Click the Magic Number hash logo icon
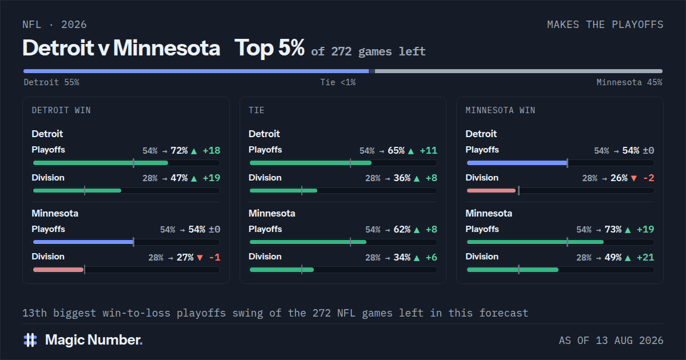point(30,340)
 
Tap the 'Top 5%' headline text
point(269,48)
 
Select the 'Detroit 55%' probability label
point(51,82)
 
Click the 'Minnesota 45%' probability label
point(629,82)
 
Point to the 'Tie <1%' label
point(338,82)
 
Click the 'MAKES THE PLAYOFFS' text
point(605,25)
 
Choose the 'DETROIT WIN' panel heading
point(61,110)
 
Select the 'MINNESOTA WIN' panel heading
point(500,110)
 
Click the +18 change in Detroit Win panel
point(212,151)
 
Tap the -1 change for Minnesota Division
point(215,258)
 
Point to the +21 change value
point(645,258)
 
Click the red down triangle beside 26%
point(634,178)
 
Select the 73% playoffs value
point(613,230)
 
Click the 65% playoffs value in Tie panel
point(396,151)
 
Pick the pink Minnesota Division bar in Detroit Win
point(58,270)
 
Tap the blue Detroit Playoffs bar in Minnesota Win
point(517,163)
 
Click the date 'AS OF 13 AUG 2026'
point(611,341)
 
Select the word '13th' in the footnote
point(35,313)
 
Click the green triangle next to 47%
point(194,178)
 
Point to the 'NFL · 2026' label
point(54,25)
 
